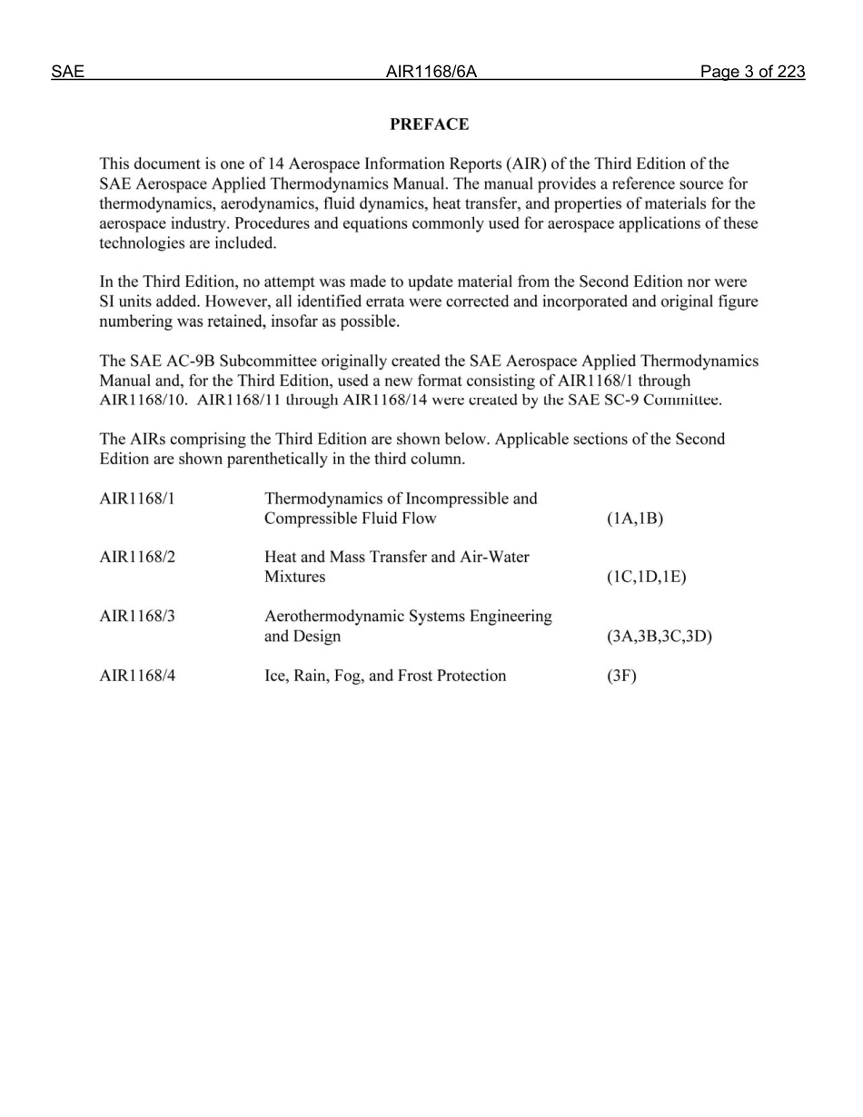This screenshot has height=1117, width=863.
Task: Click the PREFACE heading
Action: click(x=429, y=124)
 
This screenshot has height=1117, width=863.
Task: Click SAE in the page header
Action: click(x=67, y=72)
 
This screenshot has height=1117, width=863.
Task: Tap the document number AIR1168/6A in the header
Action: click(x=431, y=72)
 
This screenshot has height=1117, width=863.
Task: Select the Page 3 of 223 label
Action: click(x=752, y=72)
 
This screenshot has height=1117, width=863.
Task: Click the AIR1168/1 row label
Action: click(x=136, y=499)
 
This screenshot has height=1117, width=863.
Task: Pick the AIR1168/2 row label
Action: click(x=136, y=558)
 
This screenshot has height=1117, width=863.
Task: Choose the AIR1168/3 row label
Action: click(x=136, y=617)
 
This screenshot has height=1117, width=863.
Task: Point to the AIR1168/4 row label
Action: click(x=136, y=676)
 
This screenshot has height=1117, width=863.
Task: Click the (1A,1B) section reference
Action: click(x=634, y=519)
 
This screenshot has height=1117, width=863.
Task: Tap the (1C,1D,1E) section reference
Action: click(x=646, y=578)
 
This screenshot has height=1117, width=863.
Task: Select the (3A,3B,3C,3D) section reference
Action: click(x=659, y=637)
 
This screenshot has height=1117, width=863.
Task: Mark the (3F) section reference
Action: click(x=621, y=676)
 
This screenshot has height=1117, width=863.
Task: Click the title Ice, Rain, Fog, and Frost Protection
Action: click(x=385, y=676)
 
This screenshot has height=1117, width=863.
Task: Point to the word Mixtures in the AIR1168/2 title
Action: click(x=294, y=578)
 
